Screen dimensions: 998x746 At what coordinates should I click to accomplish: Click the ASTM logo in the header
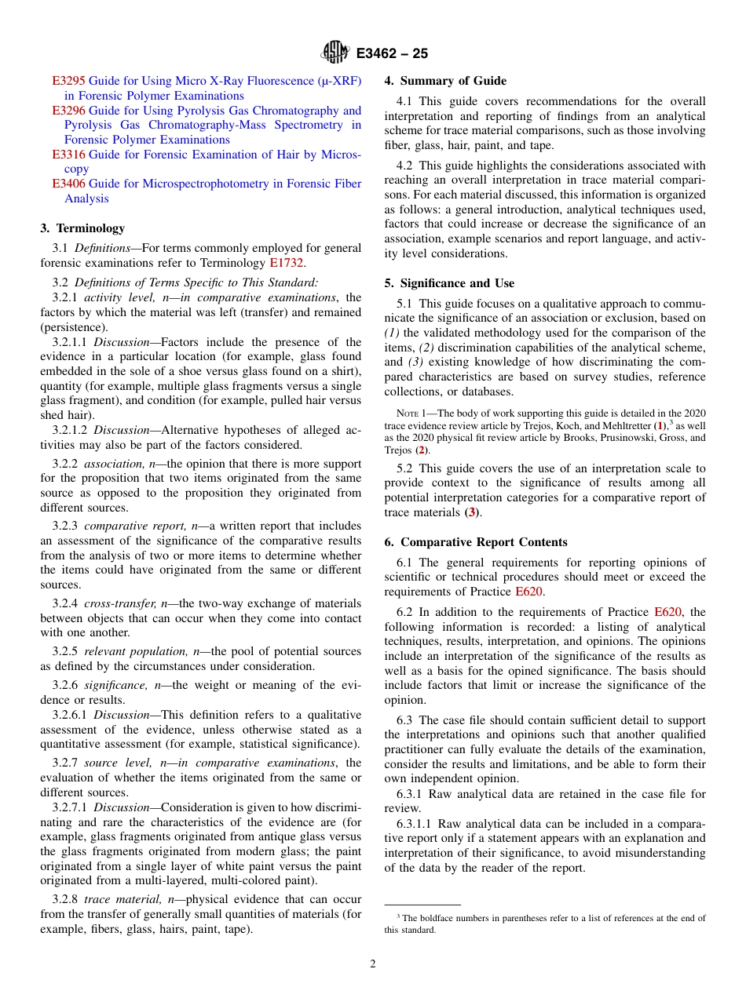coord(335,53)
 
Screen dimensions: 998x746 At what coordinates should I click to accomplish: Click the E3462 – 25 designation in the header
coord(392,54)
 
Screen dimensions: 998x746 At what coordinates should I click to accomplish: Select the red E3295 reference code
coord(68,81)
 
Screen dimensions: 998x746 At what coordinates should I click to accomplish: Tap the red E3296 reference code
coord(68,111)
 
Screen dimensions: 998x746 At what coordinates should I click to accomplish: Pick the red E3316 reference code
coord(68,155)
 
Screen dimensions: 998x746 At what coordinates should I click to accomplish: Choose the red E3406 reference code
coord(68,184)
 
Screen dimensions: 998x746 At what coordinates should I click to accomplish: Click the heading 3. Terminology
coord(82,228)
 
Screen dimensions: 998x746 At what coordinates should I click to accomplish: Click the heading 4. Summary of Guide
coord(445,81)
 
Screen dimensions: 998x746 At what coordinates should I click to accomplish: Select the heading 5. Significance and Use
coord(449,283)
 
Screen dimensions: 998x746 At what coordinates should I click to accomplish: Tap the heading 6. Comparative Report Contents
coord(476,542)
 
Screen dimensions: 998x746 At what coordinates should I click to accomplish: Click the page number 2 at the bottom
coord(373,964)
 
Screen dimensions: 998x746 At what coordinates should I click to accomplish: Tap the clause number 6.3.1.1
coord(415,824)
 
